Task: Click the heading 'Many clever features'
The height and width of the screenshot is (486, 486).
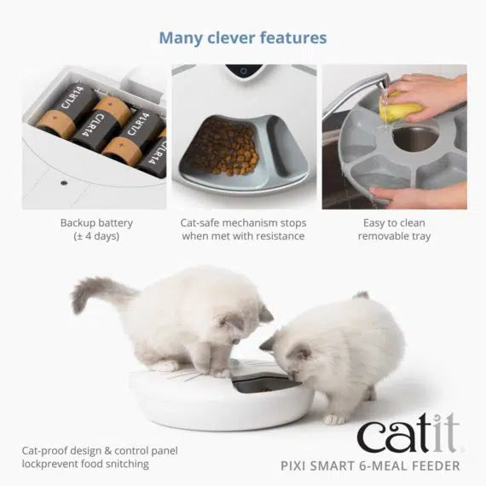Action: (x=242, y=38)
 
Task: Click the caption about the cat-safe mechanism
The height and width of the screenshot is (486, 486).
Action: (x=243, y=229)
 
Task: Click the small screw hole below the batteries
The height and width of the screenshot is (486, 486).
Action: (x=65, y=181)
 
